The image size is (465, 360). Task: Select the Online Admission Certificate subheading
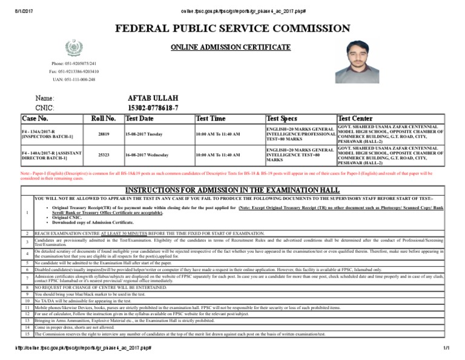point(230,47)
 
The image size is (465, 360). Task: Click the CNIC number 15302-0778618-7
point(153,107)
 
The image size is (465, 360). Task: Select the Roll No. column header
point(102,118)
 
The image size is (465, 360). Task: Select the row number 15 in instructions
point(27,334)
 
